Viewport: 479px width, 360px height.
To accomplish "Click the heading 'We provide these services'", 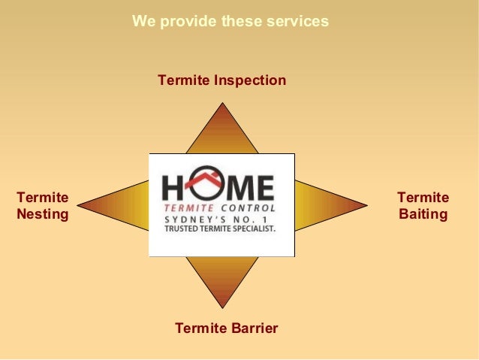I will pos(230,21).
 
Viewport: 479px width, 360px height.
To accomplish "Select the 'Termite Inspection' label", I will pos(221,80).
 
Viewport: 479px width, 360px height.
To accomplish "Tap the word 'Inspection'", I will pos(250,80).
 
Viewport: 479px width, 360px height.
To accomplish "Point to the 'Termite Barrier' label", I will pos(226,328).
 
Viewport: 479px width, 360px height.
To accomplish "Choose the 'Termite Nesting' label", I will pos(42,206).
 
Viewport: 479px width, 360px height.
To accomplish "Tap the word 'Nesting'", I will pos(42,214).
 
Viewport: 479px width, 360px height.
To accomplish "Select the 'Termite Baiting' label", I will pos(423,206).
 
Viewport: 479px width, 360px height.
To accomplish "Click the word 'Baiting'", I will pos(423,214).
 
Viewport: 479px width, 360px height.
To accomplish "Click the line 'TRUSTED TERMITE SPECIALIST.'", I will pos(220,227).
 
